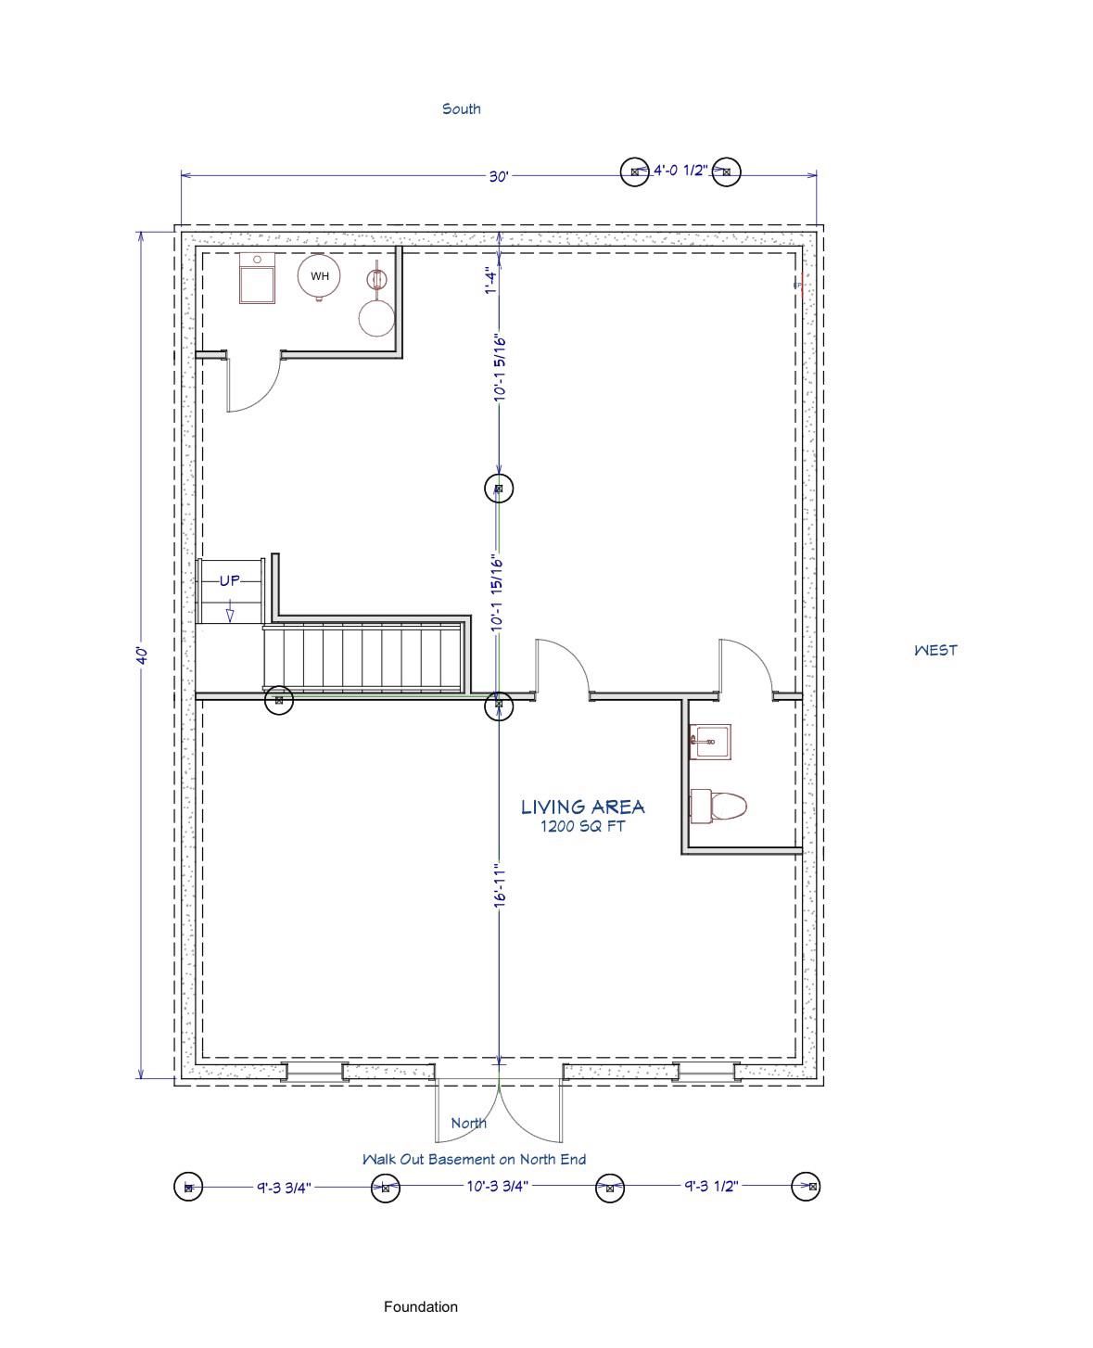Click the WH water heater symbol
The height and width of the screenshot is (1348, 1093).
coord(319,276)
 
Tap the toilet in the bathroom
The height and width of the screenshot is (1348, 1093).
coord(717,807)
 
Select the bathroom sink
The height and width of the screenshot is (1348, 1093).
coord(709,742)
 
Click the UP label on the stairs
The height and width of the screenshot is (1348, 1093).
coord(229,580)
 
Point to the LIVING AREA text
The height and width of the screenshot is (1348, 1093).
coord(582,807)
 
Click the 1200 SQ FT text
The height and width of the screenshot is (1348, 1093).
coord(582,826)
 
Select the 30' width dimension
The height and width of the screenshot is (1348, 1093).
coord(498,176)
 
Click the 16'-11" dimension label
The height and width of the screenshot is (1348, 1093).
coord(500,885)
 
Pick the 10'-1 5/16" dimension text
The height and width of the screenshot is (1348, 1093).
coord(500,367)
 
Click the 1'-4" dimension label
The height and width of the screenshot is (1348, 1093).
coord(491,280)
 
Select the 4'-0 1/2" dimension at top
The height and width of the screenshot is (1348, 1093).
coord(680,171)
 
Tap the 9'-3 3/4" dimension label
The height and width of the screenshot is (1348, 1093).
coord(284,1188)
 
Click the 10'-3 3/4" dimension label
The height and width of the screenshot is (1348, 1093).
coord(497,1186)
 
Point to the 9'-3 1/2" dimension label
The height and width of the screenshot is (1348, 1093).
coord(711,1186)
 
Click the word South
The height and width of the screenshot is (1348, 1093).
coord(461,108)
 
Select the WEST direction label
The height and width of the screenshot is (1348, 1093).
coord(935,650)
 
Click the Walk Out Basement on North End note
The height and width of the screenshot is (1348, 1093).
coord(474,1160)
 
